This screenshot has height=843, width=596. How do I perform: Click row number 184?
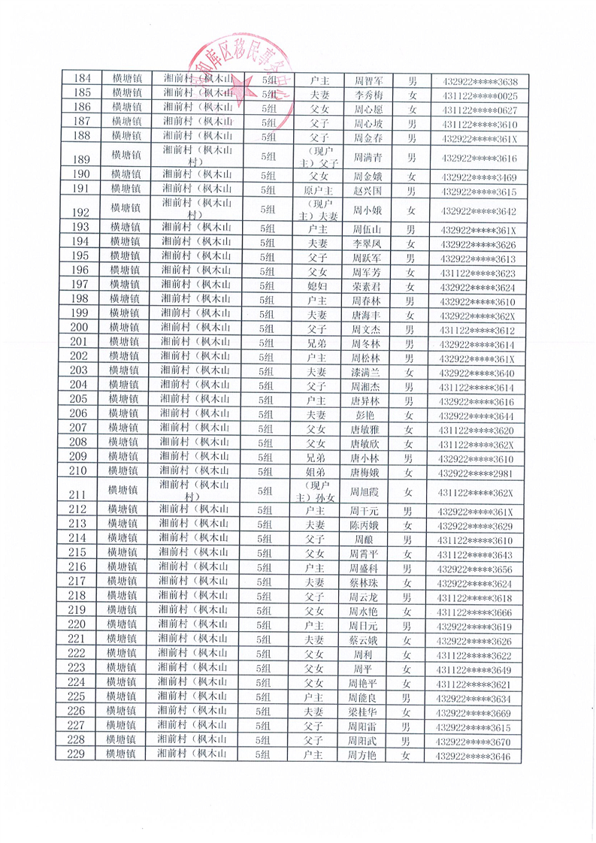pyautogui.click(x=79, y=80)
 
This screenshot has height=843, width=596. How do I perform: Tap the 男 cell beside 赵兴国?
pyautogui.click(x=411, y=191)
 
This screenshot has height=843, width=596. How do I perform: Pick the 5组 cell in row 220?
pyautogui.click(x=265, y=626)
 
